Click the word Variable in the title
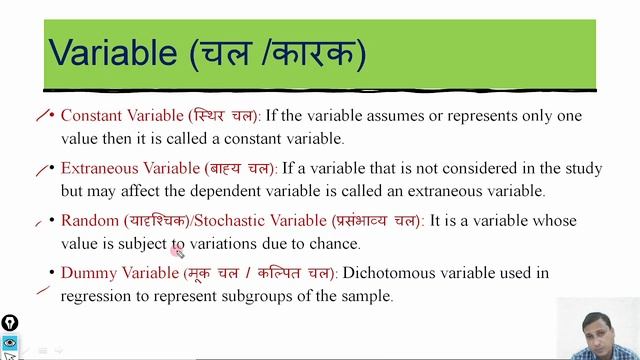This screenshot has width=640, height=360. (x=113, y=51)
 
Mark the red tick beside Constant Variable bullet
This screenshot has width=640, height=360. (x=42, y=116)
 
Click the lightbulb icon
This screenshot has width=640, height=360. (x=9, y=322)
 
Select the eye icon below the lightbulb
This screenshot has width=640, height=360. (x=9, y=342)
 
